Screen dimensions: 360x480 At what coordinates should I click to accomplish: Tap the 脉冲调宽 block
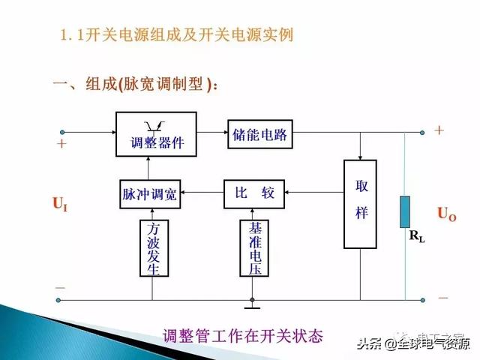point(150,194)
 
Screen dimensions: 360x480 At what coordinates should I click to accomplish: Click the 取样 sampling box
point(361,203)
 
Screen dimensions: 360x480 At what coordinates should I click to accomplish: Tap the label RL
point(416,237)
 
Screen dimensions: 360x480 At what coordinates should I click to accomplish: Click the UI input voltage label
point(60,202)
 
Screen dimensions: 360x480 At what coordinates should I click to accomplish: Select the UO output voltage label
point(447,214)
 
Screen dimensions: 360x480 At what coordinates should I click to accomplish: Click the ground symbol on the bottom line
point(252,305)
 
